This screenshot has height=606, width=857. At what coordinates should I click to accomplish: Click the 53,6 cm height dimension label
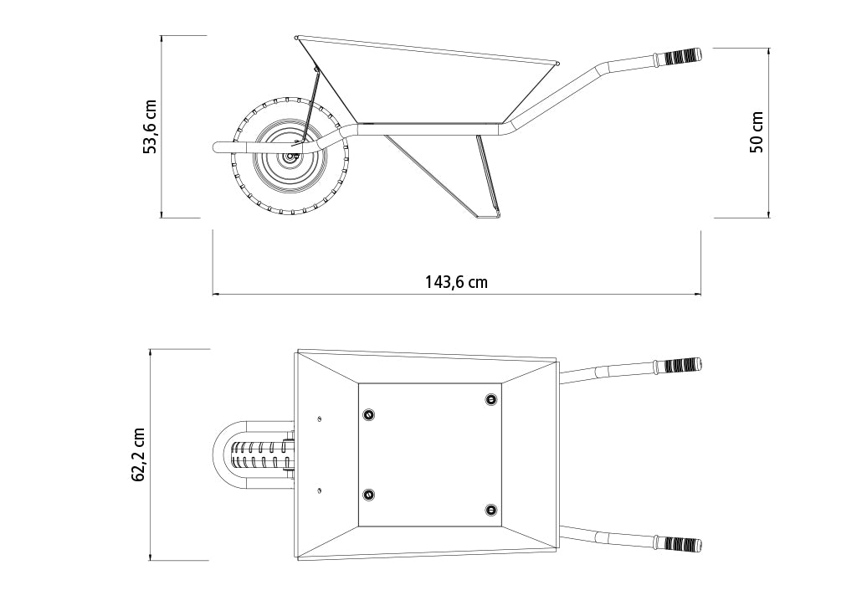pyautogui.click(x=149, y=126)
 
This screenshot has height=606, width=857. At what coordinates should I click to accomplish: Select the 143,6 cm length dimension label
pyautogui.click(x=456, y=282)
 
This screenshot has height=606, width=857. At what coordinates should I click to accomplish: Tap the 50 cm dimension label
pyautogui.click(x=757, y=131)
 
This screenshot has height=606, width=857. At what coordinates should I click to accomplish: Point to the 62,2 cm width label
pyautogui.click(x=138, y=454)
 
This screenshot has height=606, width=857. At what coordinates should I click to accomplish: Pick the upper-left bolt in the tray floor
pyautogui.click(x=369, y=415)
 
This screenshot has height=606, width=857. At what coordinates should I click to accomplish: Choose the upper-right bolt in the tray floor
pyautogui.click(x=491, y=399)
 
